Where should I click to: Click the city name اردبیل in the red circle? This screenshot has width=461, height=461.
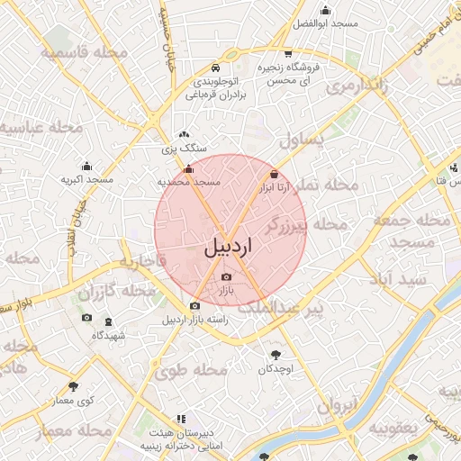[x=230, y=246]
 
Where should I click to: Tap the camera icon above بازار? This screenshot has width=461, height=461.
[x=226, y=276]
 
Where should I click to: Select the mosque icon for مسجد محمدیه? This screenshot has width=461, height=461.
[x=188, y=168]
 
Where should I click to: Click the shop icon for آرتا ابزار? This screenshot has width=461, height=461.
[x=274, y=174]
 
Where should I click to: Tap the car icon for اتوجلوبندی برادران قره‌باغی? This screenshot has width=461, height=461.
[x=214, y=68]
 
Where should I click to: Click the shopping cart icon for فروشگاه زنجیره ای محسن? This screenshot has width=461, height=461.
[x=287, y=53]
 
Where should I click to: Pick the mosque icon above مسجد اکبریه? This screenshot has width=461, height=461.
[x=86, y=166]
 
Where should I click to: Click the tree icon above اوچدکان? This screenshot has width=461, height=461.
[x=275, y=355]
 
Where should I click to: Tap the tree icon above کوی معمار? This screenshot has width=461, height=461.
[x=73, y=386]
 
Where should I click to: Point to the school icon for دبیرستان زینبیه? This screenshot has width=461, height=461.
[x=182, y=420]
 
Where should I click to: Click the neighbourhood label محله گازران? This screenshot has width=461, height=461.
[x=117, y=293]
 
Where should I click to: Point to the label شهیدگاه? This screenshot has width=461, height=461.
[x=109, y=335]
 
